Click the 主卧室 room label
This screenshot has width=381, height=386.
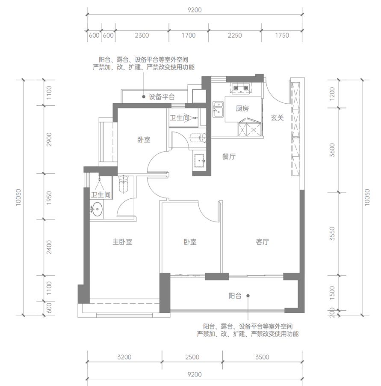[x=122, y=242]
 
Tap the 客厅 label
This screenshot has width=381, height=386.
[x=263, y=242]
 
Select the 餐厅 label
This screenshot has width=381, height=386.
[x=229, y=156]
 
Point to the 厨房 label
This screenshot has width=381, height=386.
[x=242, y=108]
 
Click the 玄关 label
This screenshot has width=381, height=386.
[x=277, y=118]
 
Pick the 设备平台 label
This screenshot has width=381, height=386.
[x=162, y=97]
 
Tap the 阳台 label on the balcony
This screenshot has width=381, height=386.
[x=235, y=296]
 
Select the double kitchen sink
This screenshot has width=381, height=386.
[x=218, y=109]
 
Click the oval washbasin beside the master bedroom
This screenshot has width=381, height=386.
[x=97, y=209]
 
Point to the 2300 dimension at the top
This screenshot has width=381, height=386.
[x=142, y=36]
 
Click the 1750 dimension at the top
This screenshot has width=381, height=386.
[x=282, y=36]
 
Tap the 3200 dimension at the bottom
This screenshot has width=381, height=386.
[x=124, y=357]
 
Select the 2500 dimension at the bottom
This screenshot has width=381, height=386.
[x=192, y=357]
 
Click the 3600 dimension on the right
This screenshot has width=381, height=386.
[x=332, y=150]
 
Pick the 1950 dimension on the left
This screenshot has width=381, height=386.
[x=49, y=197]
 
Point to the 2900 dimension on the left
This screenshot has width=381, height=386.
[x=49, y=139]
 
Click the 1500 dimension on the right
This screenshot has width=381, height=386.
[x=332, y=293]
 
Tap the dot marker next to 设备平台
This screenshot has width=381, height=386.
[x=144, y=97]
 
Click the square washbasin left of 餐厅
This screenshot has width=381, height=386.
[x=200, y=161]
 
